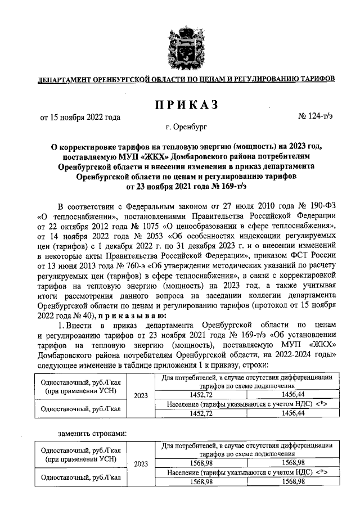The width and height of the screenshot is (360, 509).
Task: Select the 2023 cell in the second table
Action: pyautogui.click(x=141, y=464)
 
